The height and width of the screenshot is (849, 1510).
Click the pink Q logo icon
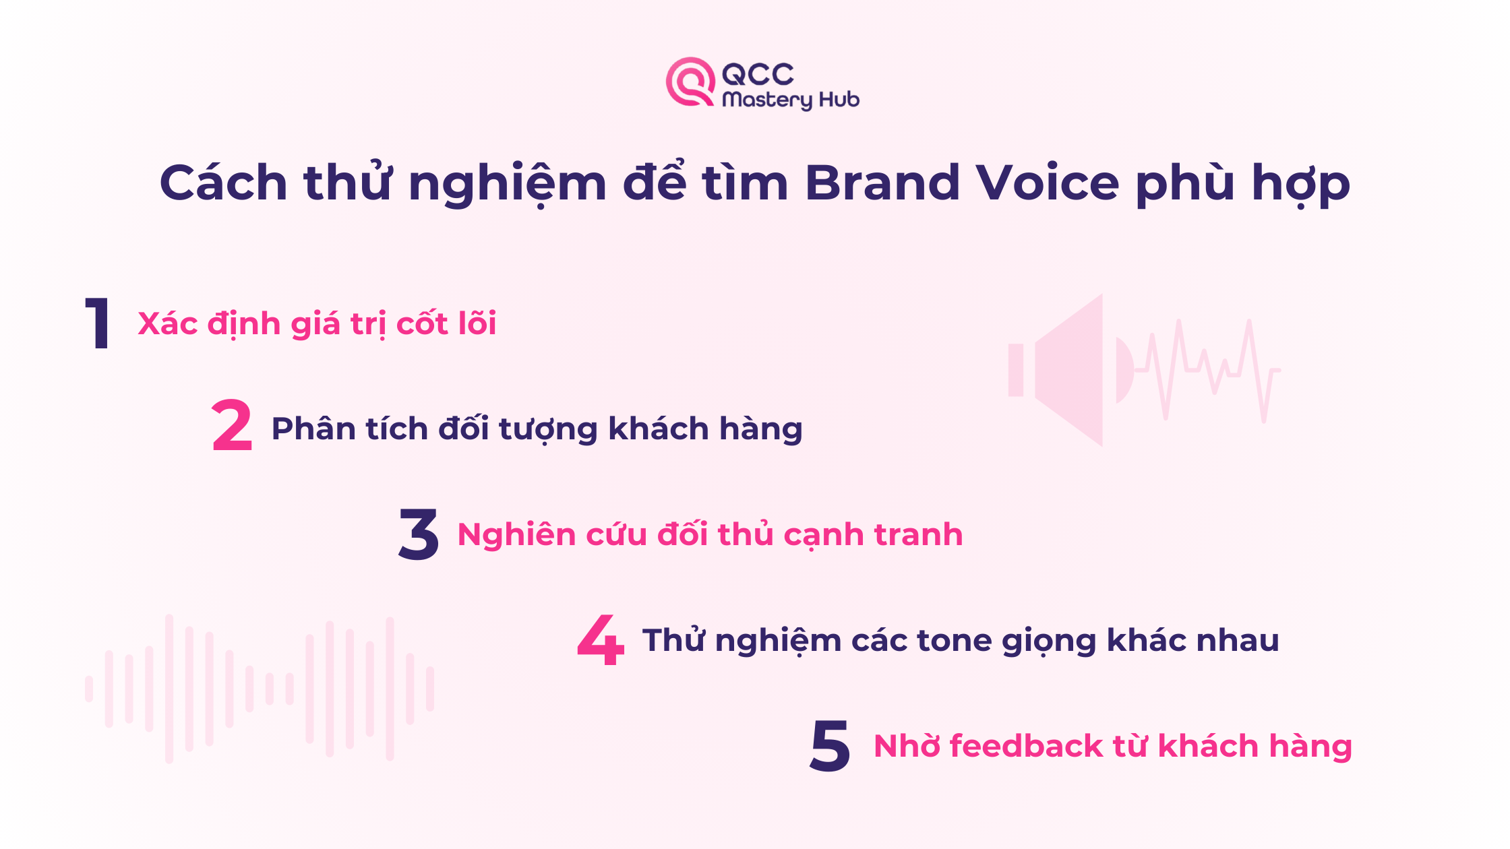tap(690, 82)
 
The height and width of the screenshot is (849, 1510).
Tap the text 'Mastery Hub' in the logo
tap(791, 100)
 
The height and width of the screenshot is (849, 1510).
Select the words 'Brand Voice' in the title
tap(961, 183)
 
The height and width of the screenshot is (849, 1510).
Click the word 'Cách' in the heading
tap(223, 183)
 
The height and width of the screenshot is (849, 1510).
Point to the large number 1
tap(98, 323)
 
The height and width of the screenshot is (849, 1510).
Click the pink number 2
tap(232, 426)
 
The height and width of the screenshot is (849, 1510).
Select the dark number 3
tap(419, 534)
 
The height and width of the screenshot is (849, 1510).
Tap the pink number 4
tap(601, 639)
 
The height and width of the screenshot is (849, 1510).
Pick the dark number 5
tap(830, 745)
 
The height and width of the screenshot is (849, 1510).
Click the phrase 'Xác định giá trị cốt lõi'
tap(317, 323)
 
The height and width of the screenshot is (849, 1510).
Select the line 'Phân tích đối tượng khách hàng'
tap(537, 429)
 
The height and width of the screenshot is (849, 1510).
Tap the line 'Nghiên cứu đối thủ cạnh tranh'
tap(710, 534)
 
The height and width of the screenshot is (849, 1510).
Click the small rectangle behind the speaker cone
tap(1016, 370)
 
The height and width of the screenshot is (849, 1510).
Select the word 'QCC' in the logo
tap(758, 74)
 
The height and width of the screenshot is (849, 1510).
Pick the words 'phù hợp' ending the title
tap(1242, 183)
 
